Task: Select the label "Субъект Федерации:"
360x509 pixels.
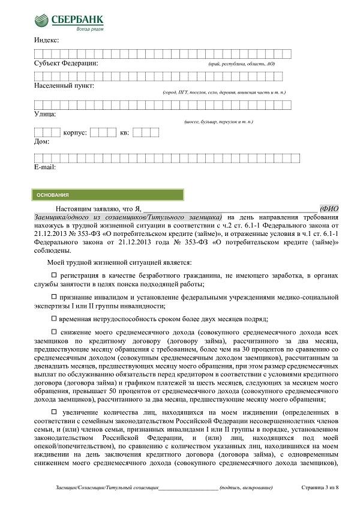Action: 66,63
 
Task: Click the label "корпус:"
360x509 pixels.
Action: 75,132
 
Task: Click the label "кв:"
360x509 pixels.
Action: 124,132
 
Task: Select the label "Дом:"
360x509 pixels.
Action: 41,142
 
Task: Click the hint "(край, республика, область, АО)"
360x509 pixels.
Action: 241,64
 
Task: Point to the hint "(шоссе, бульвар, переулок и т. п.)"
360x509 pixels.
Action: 219,122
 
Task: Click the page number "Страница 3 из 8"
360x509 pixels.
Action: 320,488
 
